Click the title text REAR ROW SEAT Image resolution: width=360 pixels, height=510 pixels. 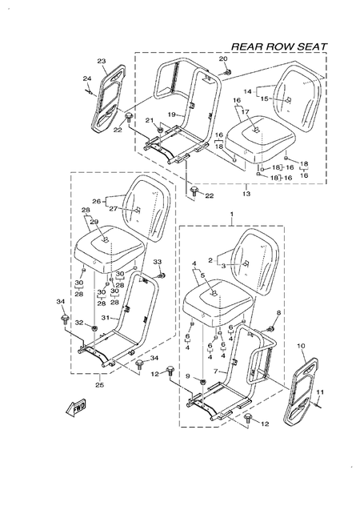(x=278, y=46)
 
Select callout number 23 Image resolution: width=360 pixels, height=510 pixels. (x=102, y=62)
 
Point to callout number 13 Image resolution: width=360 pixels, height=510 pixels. (x=246, y=193)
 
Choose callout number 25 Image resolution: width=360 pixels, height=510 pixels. (x=98, y=384)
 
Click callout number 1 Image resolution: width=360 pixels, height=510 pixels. (x=232, y=215)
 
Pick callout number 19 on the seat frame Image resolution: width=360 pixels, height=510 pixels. (x=170, y=114)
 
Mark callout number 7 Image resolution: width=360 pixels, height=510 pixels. (x=214, y=371)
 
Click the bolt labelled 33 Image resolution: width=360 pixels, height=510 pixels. (x=160, y=275)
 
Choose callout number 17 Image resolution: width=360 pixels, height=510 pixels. (x=246, y=112)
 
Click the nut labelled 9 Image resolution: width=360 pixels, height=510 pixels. (x=202, y=376)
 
